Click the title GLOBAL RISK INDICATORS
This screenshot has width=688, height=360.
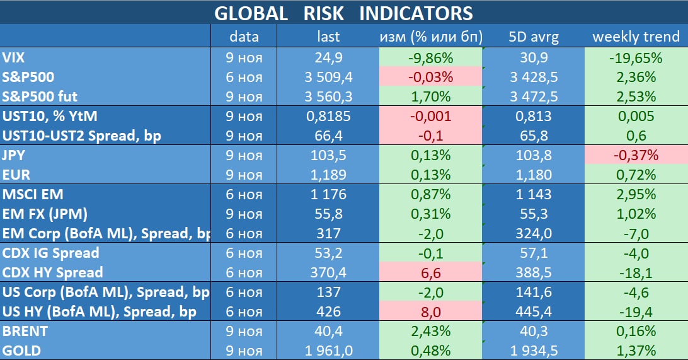pos(343,13)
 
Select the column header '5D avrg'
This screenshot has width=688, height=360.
pos(533,37)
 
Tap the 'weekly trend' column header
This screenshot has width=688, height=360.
pos(636,37)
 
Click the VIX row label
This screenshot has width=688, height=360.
pos(14,58)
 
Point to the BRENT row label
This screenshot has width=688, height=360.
pos(25,331)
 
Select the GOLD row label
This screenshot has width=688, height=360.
pos(21,351)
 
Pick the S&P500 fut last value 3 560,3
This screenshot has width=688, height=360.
pos(328,97)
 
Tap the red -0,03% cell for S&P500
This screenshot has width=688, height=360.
pos(430,78)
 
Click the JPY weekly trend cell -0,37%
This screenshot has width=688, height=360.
pos(636,155)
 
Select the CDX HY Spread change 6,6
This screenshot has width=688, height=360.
pos(430,272)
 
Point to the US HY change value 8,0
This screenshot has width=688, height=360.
pos(430,311)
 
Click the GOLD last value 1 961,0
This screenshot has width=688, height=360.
pos(328,351)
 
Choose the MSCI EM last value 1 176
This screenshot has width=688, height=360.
pos(328,194)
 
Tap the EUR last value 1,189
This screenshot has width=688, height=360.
pos(328,175)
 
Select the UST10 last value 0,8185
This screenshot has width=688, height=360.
pos(328,116)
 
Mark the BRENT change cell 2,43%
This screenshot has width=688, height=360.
pos(430,331)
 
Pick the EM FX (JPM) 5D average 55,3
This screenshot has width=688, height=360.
pos(533,214)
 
